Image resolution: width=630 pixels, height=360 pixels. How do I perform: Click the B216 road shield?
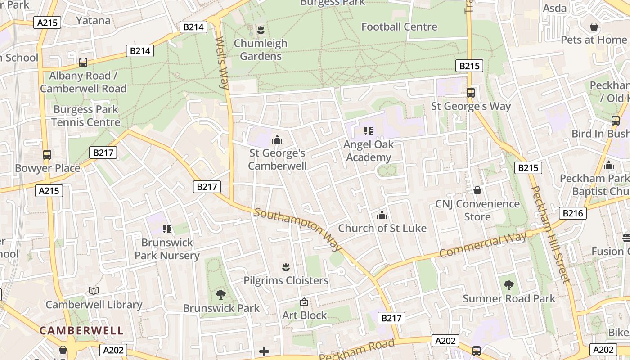(573, 213)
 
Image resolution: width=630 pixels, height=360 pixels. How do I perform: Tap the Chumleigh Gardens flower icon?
(260, 30)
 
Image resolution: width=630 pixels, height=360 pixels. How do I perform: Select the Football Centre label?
(399, 27)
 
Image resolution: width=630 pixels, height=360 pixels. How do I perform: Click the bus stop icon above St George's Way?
(471, 93)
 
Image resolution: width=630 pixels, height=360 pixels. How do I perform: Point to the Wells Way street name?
(222, 63)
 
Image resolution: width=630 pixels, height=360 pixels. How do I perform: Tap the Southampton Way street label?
(298, 229)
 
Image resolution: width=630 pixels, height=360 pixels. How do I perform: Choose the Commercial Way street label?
(482, 245)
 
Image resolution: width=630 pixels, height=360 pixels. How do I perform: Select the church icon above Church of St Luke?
(382, 215)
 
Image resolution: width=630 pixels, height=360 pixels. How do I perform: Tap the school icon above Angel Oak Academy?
(369, 131)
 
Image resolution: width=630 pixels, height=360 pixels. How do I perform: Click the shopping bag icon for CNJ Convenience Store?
(477, 191)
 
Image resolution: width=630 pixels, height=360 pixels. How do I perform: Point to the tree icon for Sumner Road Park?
(509, 285)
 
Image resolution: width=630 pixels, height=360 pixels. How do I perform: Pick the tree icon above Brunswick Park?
(220, 295)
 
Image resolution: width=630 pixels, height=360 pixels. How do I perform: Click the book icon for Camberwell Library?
(94, 291)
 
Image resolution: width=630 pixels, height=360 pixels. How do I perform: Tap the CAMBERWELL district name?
(81, 330)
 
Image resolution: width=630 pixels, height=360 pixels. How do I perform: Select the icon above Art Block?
(304, 302)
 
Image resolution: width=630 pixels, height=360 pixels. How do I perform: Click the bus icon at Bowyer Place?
(47, 155)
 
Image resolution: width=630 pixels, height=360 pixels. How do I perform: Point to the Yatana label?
(93, 20)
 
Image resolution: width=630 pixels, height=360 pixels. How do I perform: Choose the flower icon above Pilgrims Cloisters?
(286, 267)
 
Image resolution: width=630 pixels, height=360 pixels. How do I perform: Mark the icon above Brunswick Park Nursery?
(167, 229)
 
